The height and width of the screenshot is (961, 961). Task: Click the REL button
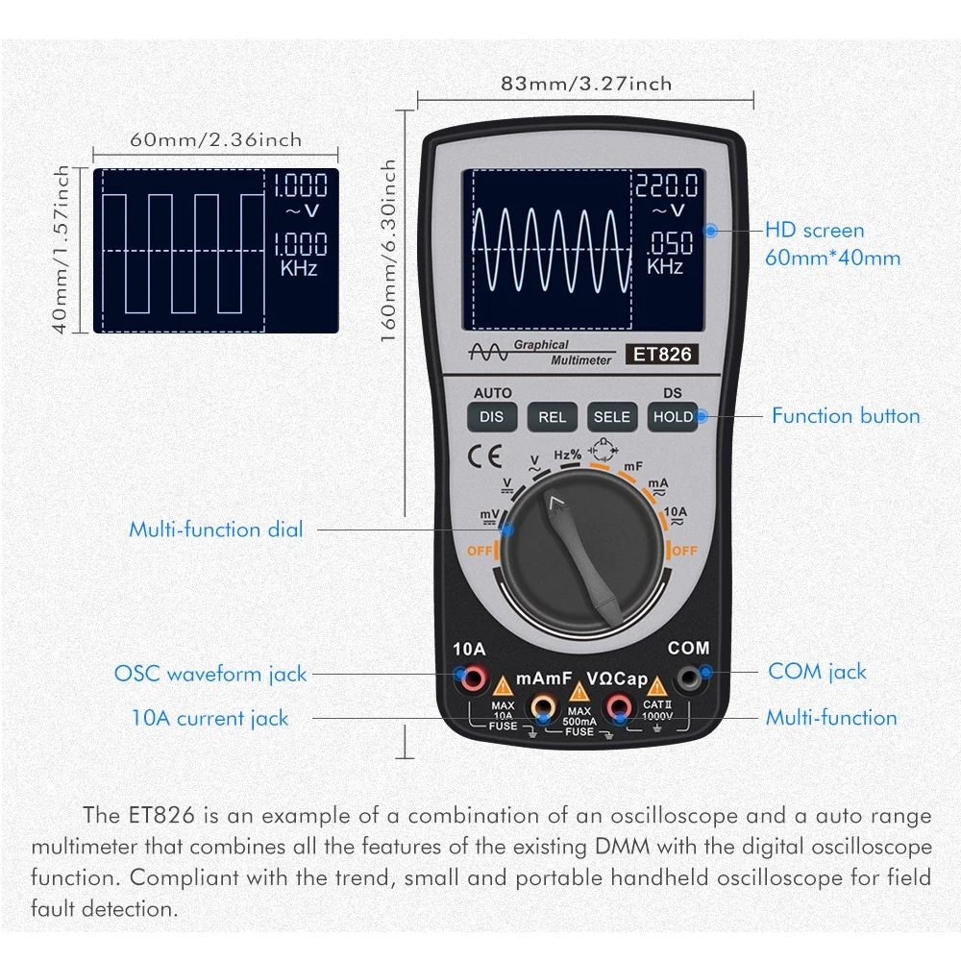tap(552, 416)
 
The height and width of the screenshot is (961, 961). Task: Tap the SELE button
tap(612, 416)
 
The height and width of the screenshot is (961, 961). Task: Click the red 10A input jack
tap(473, 679)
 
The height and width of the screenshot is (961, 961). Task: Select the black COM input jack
tap(688, 679)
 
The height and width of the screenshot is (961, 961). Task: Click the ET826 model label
tap(661, 354)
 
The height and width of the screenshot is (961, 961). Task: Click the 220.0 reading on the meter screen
tap(665, 185)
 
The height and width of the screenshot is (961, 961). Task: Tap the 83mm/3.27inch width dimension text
tap(586, 84)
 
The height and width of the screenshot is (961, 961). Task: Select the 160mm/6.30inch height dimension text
tap(389, 257)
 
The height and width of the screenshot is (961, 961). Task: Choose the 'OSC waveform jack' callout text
tap(210, 674)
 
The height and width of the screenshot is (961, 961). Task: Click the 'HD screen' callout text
tap(814, 231)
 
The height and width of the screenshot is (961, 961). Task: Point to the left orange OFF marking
tap(480, 551)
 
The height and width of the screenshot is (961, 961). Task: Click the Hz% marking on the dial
tap(567, 455)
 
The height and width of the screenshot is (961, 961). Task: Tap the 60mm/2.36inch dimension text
tap(215, 139)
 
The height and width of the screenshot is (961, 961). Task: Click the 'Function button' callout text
tap(846, 416)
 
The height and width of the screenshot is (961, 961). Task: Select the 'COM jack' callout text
tap(817, 672)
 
